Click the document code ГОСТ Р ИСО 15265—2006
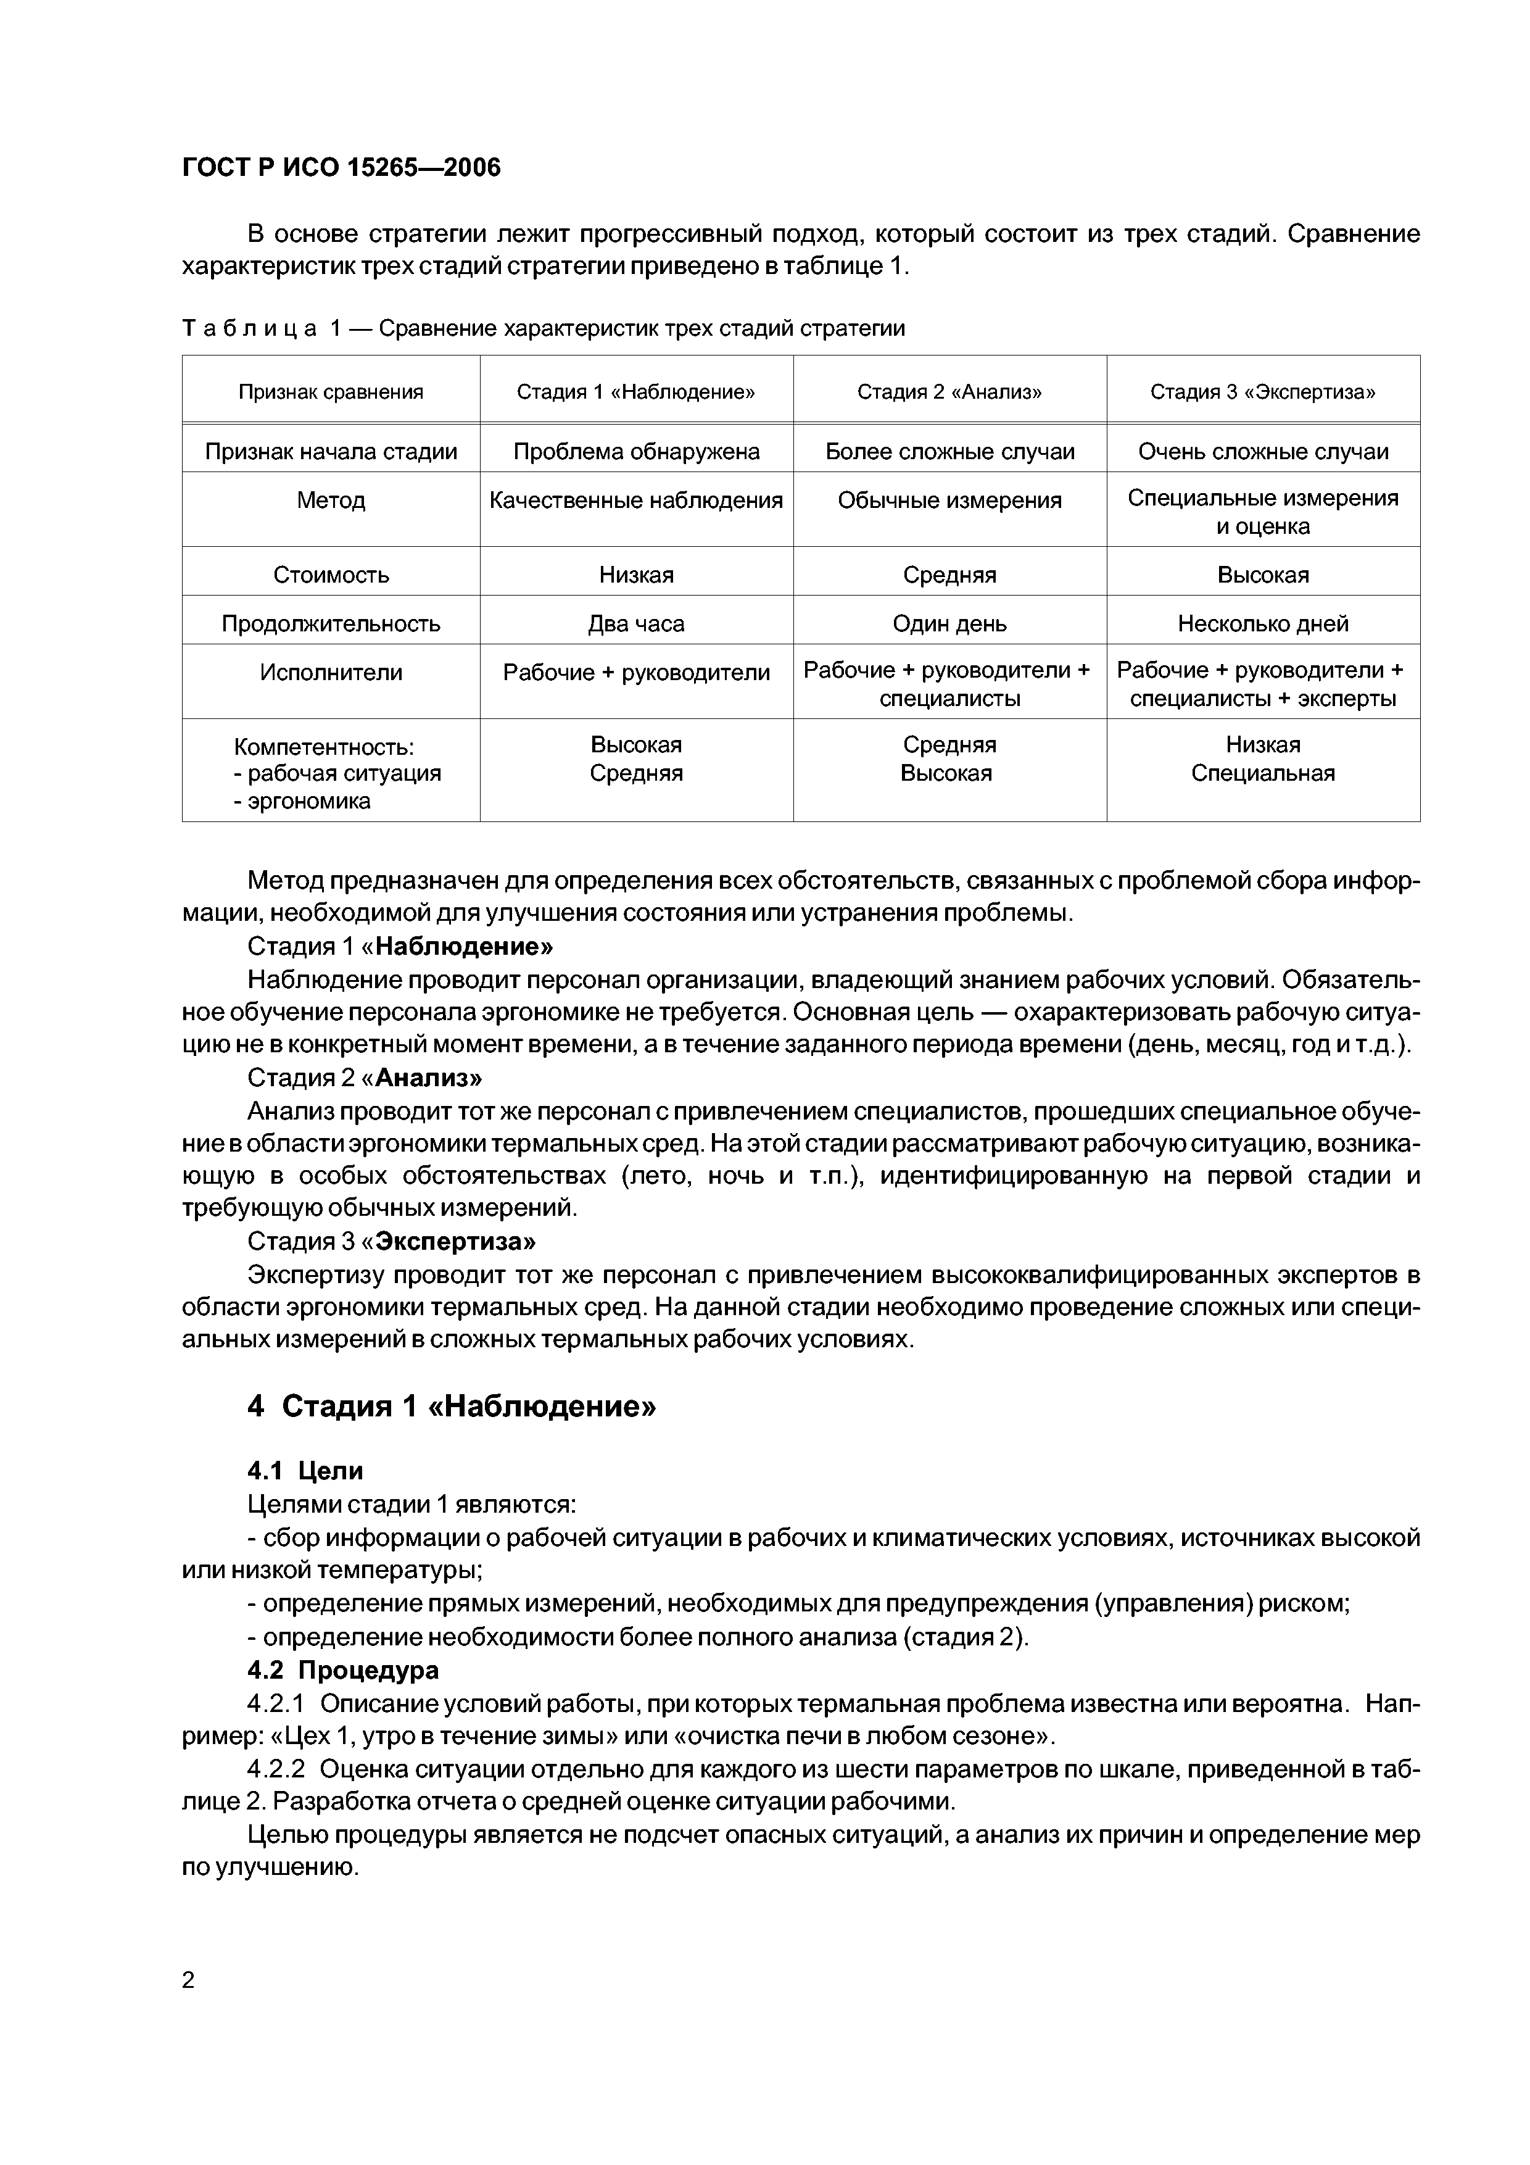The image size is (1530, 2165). [341, 168]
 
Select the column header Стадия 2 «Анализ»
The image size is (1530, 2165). [949, 391]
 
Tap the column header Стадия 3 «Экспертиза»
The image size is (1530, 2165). [1262, 391]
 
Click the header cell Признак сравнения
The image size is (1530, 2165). [331, 391]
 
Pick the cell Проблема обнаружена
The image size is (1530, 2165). [636, 452]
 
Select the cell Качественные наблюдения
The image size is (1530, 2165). [636, 501]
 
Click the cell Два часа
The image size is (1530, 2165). [636, 623]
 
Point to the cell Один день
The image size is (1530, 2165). [949, 623]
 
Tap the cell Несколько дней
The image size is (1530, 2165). [1262, 623]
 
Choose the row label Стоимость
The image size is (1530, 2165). [331, 574]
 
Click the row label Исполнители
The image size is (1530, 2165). [331, 672]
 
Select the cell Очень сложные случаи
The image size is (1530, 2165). [1262, 452]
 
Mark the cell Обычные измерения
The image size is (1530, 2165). [949, 501]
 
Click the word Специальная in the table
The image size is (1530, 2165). [1262, 773]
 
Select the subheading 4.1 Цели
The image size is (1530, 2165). [305, 1470]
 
